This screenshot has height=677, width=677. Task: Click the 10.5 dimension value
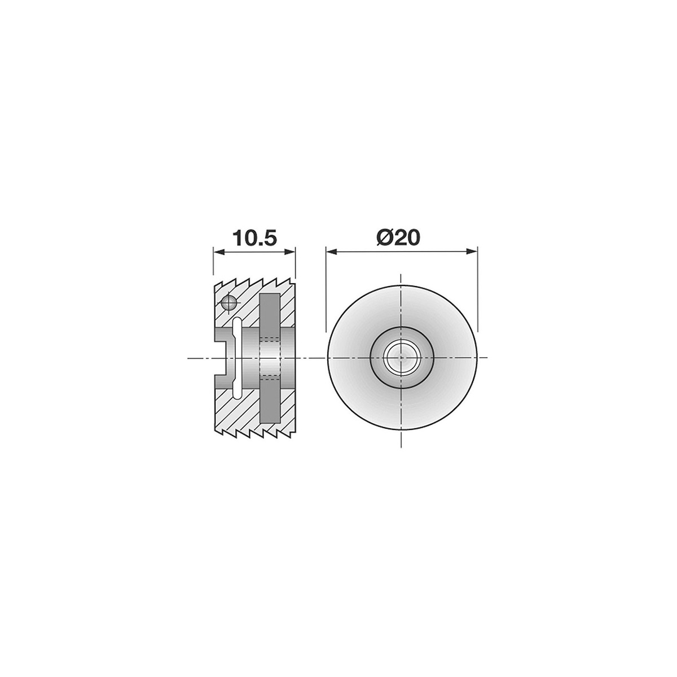(x=254, y=238)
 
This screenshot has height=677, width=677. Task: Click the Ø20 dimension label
(x=398, y=238)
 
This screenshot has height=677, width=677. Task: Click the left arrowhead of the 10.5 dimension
(x=219, y=251)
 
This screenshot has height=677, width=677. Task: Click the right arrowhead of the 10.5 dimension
(x=290, y=251)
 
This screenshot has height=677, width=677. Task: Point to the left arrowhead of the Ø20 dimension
(x=331, y=251)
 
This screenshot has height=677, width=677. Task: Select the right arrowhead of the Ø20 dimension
(x=472, y=251)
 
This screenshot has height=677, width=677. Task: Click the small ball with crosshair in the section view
(x=228, y=302)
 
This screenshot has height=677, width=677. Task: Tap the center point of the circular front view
(x=402, y=358)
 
